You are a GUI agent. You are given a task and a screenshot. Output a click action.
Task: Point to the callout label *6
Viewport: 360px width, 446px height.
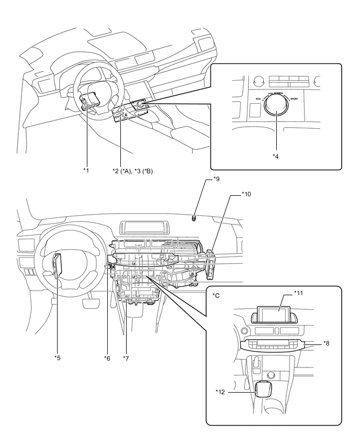pyautogui.click(x=108, y=358)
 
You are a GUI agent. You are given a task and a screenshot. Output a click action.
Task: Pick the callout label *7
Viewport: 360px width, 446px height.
pyautogui.click(x=126, y=358)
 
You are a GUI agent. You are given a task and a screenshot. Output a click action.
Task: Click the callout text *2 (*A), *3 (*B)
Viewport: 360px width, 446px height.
pyautogui.click(x=129, y=171)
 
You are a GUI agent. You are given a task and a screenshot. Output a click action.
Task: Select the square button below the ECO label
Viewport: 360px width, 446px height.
pyautogui.click(x=256, y=109)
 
